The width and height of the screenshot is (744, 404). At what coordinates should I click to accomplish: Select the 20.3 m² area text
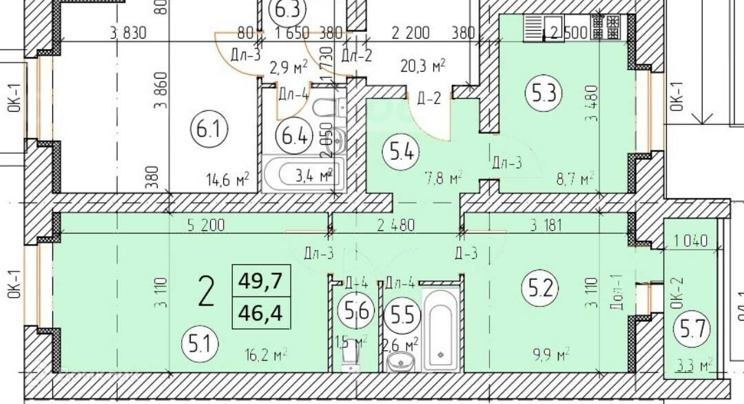(x=423, y=66)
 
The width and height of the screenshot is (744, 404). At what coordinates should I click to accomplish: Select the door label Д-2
(x=428, y=98)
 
